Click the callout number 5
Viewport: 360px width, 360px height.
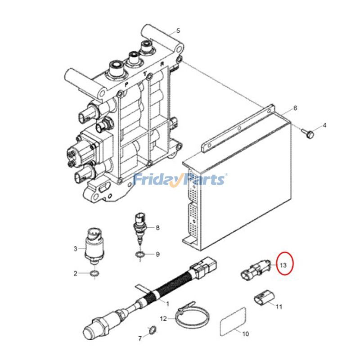[178, 31]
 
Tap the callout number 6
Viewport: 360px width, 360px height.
[295, 108]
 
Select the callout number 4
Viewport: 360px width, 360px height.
[324, 125]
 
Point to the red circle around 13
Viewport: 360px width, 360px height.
[282, 265]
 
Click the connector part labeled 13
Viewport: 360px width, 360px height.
[253, 270]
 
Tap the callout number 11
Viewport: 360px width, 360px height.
[279, 306]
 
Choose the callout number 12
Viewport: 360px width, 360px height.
[164, 319]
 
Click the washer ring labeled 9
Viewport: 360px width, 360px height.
[140, 256]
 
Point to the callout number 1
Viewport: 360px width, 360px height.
[167, 304]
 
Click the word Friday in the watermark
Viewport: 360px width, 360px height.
[156, 180]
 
